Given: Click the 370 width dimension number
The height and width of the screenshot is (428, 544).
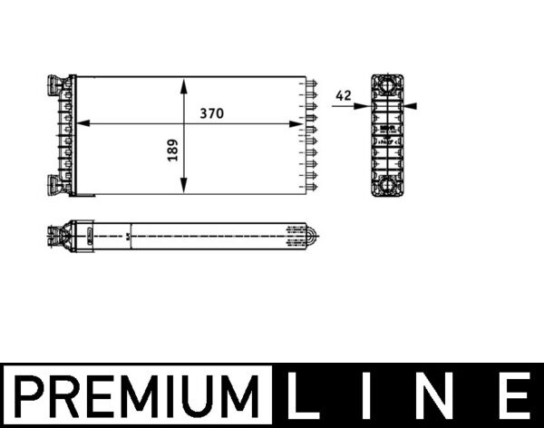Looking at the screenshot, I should [211, 113].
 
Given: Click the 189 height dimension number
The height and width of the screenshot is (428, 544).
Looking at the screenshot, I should [172, 151].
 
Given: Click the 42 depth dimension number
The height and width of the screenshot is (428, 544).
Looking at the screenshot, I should [343, 94].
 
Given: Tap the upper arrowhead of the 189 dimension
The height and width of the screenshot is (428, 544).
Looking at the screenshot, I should [184, 84].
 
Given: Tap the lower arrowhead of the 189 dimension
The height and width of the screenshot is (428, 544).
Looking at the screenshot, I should [184, 188].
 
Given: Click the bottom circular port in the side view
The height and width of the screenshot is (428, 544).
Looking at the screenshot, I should [388, 185].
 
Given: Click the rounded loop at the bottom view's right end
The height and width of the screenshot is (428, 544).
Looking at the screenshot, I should [313, 238].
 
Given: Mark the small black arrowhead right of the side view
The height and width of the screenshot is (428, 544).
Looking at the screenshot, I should [411, 106].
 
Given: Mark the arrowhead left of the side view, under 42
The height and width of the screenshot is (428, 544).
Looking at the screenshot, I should [362, 106].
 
